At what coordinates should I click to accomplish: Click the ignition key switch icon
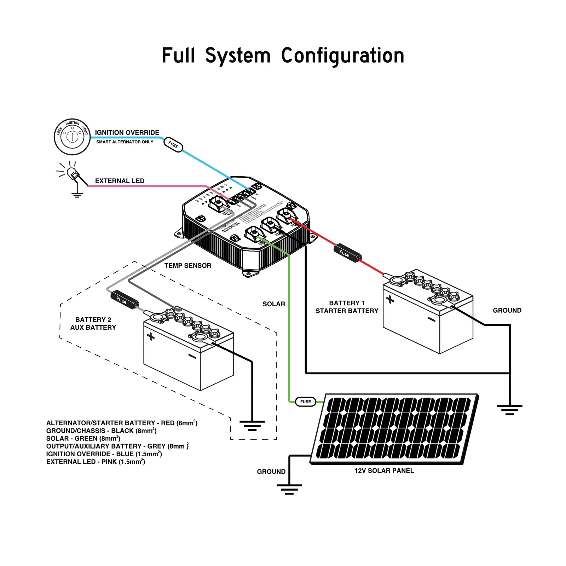(72, 137)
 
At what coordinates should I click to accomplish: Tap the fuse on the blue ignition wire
(173, 144)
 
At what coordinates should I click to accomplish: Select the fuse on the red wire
(347, 253)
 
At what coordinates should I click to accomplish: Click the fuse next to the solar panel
(305, 402)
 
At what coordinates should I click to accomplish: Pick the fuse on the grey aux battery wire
(125, 300)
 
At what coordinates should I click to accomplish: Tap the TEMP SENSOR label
(188, 266)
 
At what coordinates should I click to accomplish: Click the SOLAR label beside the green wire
(274, 304)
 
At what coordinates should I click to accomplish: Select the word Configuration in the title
(342, 56)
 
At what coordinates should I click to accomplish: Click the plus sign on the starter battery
(390, 300)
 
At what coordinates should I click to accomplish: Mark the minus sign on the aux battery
(192, 356)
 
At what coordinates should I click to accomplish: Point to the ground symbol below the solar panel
(289, 489)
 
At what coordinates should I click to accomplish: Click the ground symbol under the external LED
(77, 194)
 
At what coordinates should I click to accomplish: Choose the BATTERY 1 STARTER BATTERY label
(347, 307)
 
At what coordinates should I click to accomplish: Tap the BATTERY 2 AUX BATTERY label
(93, 324)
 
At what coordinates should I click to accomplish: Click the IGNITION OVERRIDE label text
(127, 133)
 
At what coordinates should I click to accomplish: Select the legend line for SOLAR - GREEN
(83, 439)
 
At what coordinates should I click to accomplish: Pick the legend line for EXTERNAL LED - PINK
(96, 462)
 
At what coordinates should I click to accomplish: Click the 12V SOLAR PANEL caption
(384, 471)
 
